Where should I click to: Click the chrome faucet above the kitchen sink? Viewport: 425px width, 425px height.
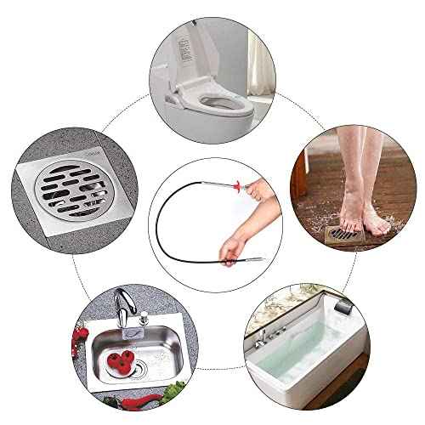[x=125, y=308]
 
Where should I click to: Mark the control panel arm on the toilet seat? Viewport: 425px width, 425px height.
[x=173, y=111]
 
